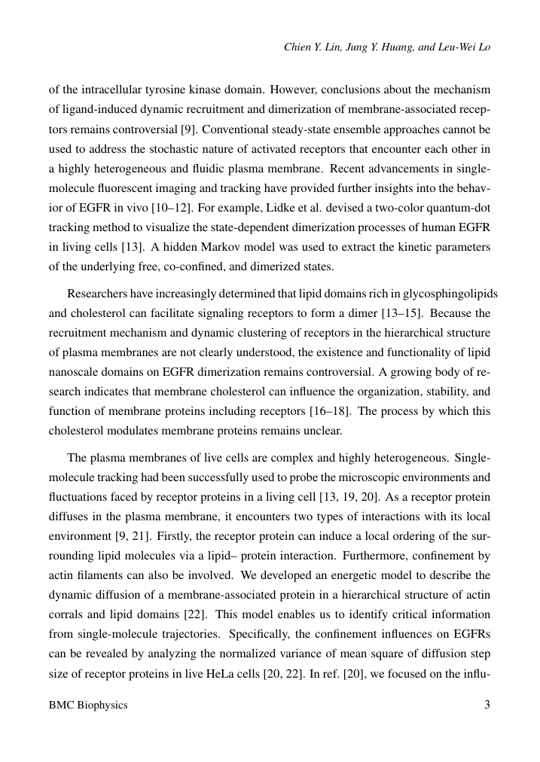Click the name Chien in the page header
pyautogui.click(x=297, y=47)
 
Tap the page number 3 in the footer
pyautogui.click(x=487, y=706)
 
